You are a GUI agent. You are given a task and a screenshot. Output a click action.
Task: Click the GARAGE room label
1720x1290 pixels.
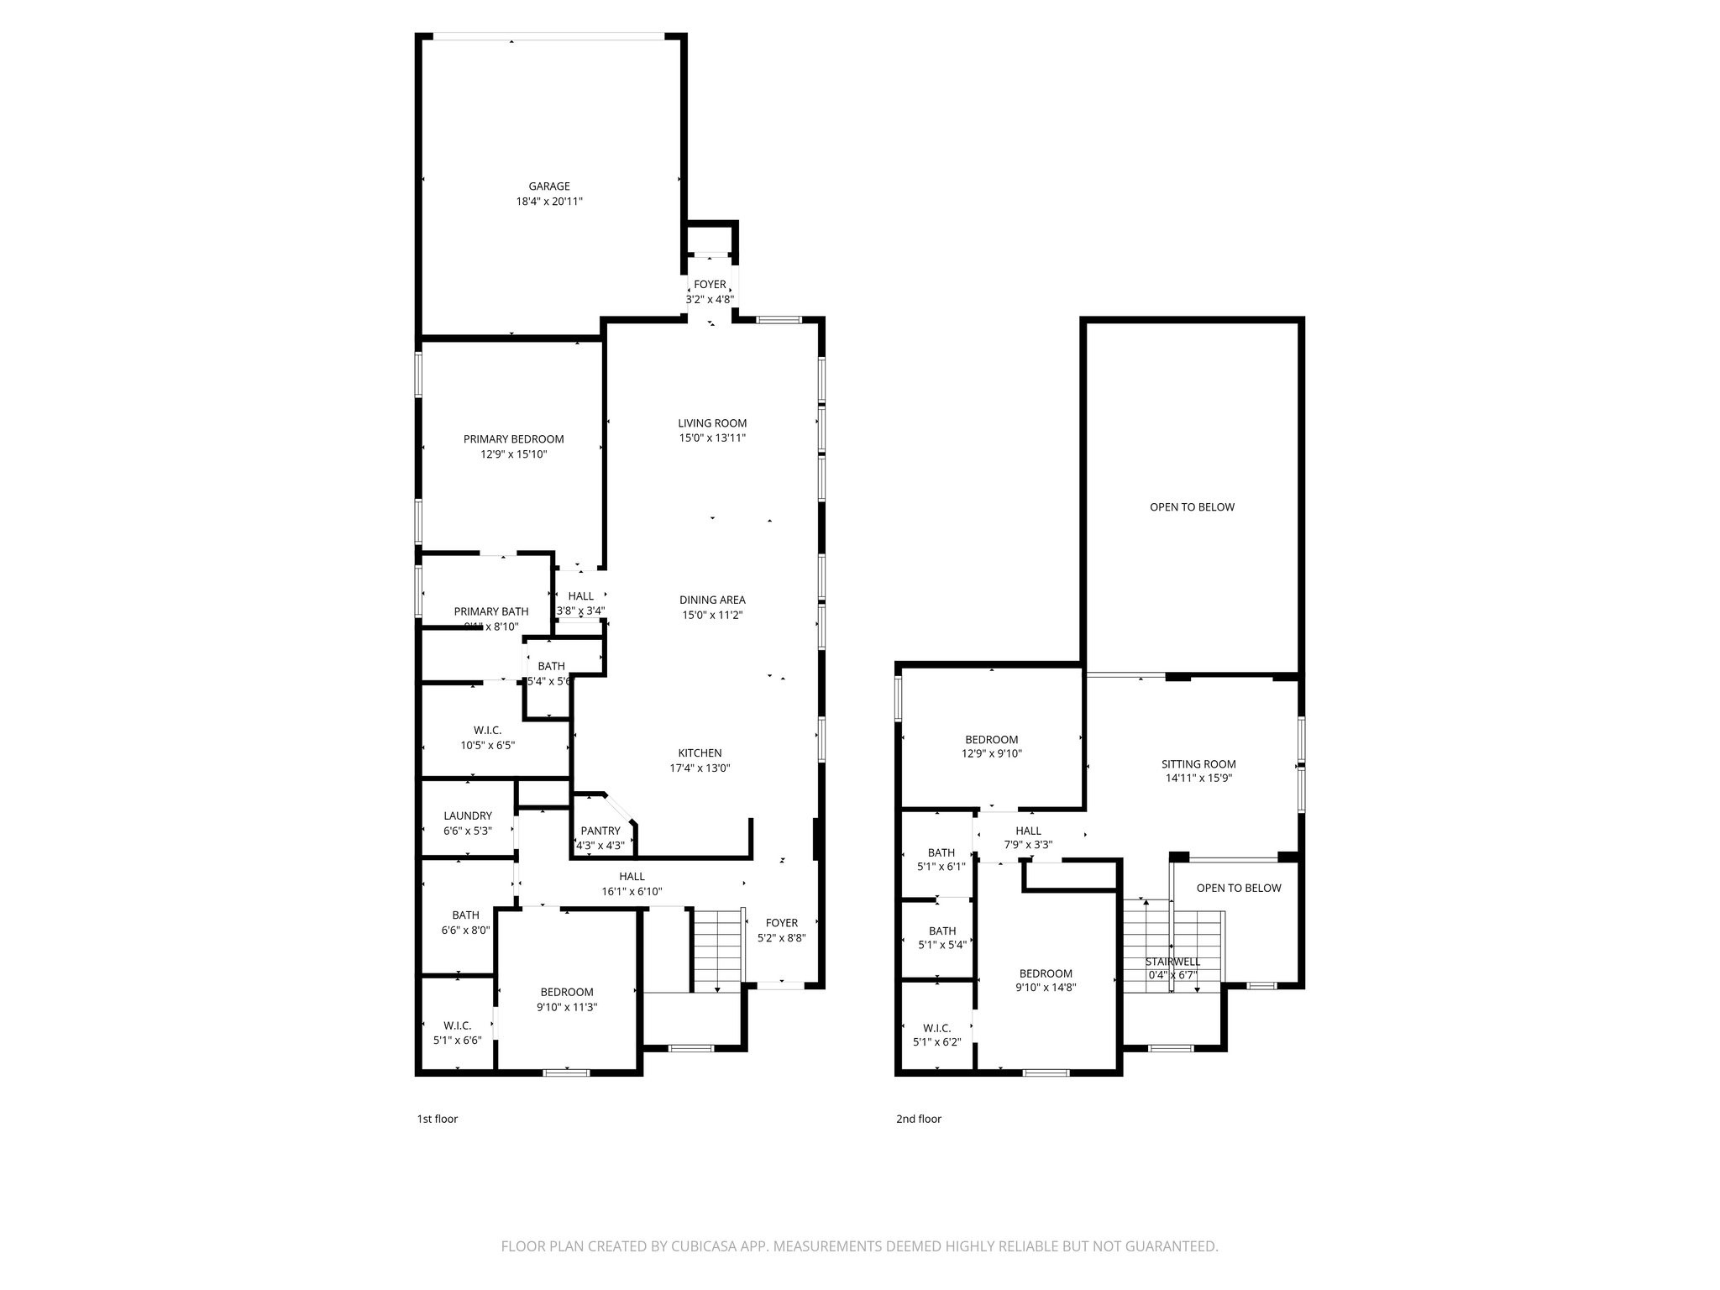click(x=548, y=186)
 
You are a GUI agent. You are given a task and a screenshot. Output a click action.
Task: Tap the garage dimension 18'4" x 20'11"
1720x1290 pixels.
click(x=548, y=202)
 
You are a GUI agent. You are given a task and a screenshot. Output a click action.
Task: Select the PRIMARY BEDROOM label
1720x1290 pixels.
click(x=513, y=439)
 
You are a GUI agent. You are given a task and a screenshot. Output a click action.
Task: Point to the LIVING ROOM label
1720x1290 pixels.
click(x=712, y=423)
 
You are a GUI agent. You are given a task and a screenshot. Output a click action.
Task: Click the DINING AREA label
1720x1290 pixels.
click(x=712, y=600)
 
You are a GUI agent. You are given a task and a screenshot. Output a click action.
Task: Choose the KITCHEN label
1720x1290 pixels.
click(x=700, y=753)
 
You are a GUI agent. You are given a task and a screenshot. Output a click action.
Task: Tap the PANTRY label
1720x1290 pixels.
click(x=600, y=831)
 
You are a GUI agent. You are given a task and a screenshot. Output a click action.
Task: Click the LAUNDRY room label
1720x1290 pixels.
click(x=467, y=815)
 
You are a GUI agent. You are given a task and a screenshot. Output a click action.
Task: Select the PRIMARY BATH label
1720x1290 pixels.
click(x=491, y=611)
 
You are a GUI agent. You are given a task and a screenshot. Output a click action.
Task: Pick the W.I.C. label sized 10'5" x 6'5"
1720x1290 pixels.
click(x=487, y=731)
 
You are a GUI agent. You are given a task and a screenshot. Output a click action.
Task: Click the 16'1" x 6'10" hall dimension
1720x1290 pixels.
click(x=632, y=892)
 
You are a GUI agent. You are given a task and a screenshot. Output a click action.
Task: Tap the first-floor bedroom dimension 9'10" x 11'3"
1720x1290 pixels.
click(x=566, y=1007)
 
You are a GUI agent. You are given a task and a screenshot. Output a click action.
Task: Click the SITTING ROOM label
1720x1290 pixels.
click(x=1198, y=764)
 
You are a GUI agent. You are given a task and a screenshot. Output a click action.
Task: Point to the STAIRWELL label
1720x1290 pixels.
click(x=1172, y=962)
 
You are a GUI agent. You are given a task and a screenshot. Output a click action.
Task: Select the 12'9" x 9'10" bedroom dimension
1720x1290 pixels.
click(x=991, y=754)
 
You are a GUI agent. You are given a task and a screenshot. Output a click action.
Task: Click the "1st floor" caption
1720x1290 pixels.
click(x=437, y=1119)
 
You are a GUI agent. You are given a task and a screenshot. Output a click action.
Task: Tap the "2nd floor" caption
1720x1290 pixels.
click(x=918, y=1119)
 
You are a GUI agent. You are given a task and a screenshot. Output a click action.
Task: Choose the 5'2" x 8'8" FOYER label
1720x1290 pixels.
click(x=781, y=923)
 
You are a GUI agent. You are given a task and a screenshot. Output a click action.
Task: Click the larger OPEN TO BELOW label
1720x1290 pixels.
click(x=1192, y=507)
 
